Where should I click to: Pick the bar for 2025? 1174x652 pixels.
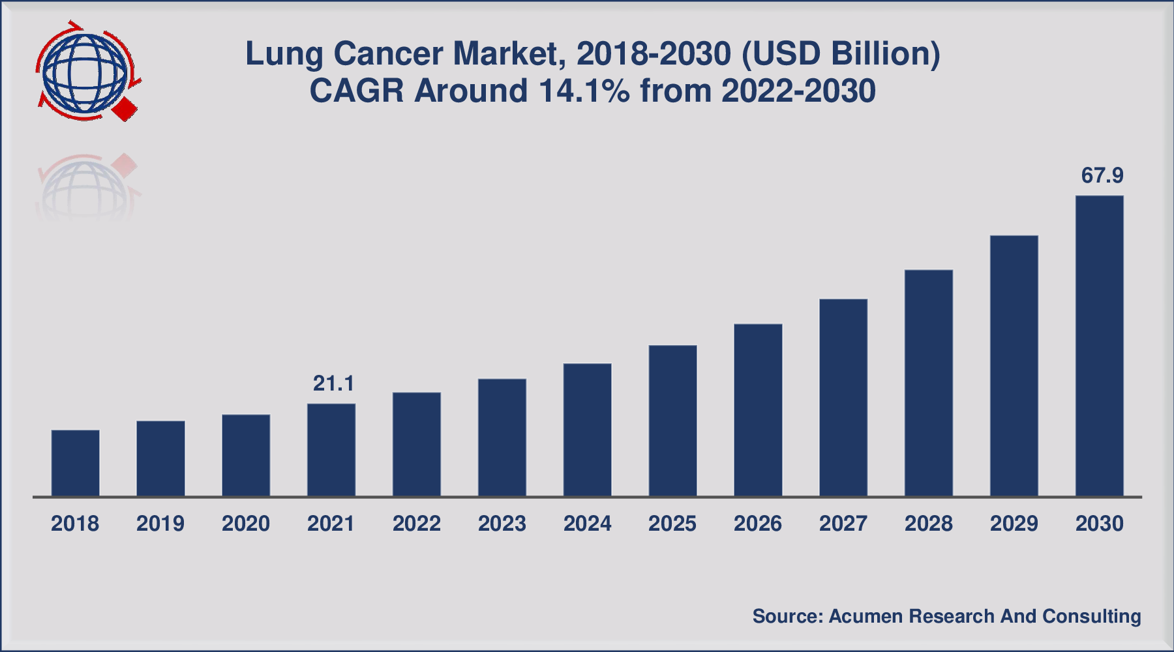672,421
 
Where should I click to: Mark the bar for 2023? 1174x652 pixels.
502,437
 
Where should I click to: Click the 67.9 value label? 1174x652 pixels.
1102,175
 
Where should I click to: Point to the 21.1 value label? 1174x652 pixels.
334,383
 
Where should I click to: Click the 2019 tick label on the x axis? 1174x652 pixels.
160,524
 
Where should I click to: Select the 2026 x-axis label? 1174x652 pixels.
758,524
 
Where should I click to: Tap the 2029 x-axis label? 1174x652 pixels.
1014,524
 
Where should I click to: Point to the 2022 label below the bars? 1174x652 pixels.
417,524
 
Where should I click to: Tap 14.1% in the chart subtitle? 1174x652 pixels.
584,91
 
